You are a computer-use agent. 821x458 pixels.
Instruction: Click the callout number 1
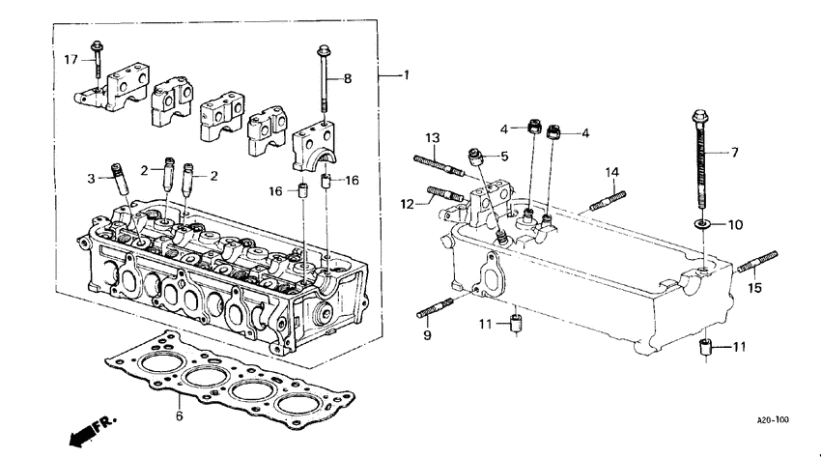(x=406, y=75)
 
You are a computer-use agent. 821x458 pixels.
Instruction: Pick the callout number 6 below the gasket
(x=178, y=416)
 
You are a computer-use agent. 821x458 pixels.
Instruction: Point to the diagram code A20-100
(x=773, y=420)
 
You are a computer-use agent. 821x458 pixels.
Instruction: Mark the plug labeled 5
(x=475, y=154)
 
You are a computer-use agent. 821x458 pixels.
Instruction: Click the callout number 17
(x=71, y=60)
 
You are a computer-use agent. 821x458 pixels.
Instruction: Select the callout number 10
(x=735, y=225)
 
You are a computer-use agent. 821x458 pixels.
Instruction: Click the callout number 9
(x=427, y=335)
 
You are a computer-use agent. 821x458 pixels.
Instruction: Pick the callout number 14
(x=611, y=173)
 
